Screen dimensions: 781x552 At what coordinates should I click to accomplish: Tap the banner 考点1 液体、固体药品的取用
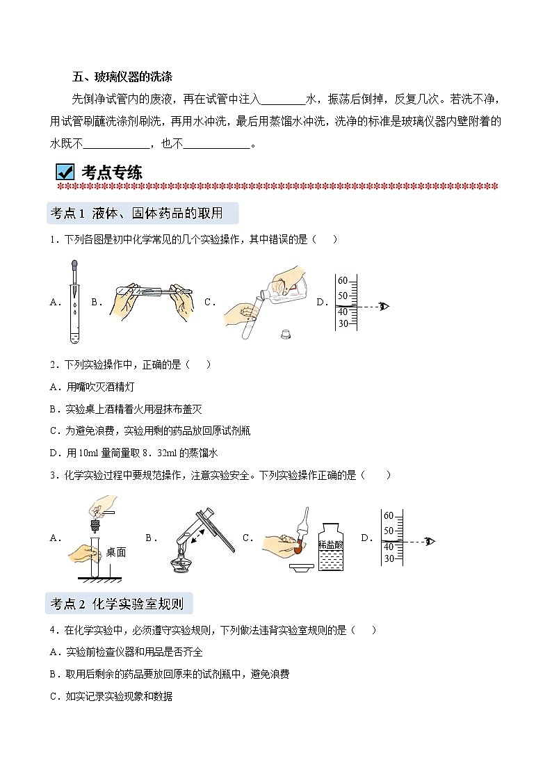tap(142, 213)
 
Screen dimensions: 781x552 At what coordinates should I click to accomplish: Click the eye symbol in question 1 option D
tap(383, 306)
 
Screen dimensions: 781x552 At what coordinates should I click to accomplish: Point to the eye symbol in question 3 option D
tap(429, 541)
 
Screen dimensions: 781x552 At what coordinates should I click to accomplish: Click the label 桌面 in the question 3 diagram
tap(116, 552)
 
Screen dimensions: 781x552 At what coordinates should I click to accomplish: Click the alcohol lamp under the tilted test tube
tap(182, 565)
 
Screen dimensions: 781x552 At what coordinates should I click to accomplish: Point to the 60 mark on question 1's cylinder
tap(342, 281)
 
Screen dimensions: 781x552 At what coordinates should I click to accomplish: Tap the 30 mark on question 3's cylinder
tap(389, 558)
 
